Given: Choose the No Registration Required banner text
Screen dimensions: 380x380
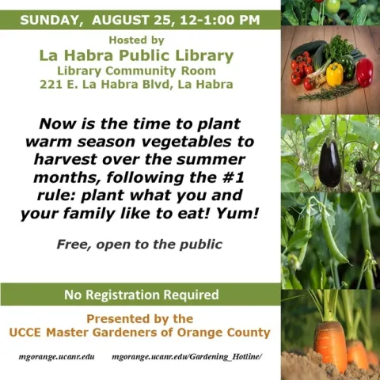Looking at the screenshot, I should pyautogui.click(x=141, y=295).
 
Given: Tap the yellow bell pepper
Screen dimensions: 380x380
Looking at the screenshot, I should pyautogui.click(x=335, y=75).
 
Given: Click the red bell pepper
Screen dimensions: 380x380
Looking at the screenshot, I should pyautogui.click(x=363, y=72).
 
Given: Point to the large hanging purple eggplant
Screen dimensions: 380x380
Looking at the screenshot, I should pyautogui.click(x=330, y=162).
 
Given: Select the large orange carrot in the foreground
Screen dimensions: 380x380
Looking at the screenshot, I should pyautogui.click(x=330, y=340).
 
